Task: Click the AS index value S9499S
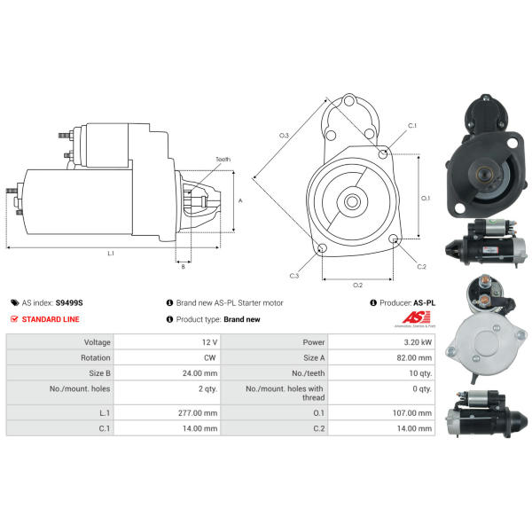69,302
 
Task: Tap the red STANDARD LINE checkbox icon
14,319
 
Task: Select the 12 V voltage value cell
167,342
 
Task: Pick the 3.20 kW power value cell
381,342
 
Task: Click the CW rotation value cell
167,357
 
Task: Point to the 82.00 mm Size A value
414,357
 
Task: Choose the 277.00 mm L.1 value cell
167,413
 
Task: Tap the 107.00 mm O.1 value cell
381,413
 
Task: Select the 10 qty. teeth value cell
381,373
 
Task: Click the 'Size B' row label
99,373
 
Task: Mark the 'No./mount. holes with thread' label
285,393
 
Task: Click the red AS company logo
416,318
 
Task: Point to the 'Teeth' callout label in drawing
223,159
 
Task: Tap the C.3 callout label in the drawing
294,276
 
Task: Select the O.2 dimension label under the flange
357,285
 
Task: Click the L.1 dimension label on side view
111,253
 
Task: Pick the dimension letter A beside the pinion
240,201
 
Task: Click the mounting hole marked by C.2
393,239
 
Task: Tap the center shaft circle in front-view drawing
352,202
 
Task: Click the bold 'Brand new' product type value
242,319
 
